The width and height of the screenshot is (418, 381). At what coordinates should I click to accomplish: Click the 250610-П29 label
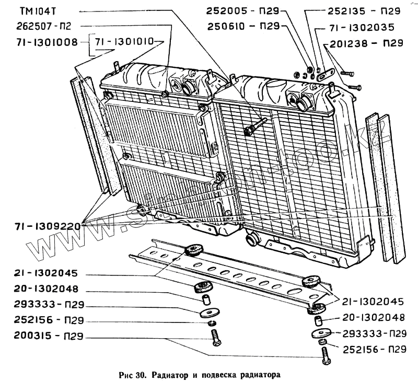244,26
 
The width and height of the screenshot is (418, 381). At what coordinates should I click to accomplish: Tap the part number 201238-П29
365,44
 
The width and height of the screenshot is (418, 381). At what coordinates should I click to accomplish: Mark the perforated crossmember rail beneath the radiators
230,272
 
